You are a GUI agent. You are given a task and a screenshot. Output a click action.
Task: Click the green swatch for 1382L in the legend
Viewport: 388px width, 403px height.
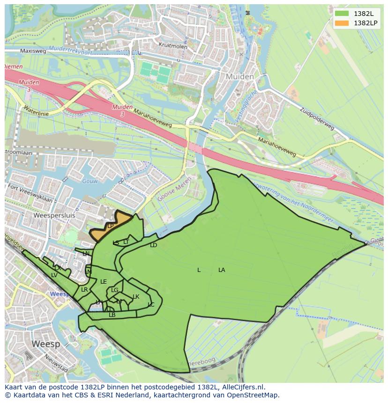(342, 14)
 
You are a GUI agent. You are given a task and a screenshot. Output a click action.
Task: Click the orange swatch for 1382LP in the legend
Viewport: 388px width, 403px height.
(342, 23)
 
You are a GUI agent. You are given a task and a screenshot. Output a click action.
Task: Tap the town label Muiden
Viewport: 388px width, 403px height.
(239, 76)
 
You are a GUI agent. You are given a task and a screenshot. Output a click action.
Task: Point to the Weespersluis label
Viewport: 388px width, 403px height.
(54, 216)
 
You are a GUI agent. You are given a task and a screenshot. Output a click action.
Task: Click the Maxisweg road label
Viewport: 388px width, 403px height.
(33, 51)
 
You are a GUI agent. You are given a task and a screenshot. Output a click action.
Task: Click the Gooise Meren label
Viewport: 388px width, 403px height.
(174, 189)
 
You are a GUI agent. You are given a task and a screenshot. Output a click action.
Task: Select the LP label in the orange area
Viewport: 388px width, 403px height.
(111, 226)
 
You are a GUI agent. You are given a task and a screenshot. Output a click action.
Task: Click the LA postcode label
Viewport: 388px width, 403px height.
(222, 270)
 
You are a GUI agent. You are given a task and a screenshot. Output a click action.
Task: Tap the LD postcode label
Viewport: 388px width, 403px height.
(153, 245)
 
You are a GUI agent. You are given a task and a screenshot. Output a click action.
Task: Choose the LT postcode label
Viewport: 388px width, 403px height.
(126, 242)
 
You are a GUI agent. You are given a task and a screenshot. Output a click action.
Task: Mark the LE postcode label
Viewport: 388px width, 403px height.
(104, 282)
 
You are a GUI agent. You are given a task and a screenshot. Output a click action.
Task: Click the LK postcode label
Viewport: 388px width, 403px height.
(136, 297)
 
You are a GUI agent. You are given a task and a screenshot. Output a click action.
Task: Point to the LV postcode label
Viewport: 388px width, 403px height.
(54, 275)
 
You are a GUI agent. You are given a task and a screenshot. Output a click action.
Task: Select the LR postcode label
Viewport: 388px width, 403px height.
(84, 290)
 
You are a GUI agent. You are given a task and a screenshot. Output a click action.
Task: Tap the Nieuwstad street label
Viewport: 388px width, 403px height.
(56, 364)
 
